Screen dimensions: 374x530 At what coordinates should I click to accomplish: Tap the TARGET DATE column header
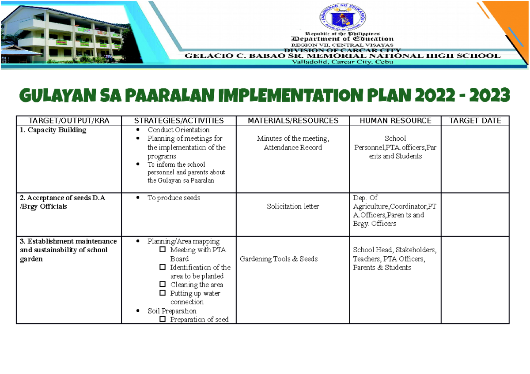pos(475,120)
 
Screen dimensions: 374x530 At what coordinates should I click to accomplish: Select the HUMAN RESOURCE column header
pos(395,120)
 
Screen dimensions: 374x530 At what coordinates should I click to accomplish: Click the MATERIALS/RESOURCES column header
pos(293,120)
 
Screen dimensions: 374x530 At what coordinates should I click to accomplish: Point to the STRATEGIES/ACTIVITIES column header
pos(179,120)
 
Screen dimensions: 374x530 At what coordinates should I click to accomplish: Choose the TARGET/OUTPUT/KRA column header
pos(68,120)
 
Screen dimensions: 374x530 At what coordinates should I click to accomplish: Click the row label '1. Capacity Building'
pos(53,130)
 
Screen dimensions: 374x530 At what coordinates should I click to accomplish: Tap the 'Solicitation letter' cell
pos(293,206)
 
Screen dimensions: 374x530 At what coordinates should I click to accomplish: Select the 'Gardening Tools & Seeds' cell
pos(279,259)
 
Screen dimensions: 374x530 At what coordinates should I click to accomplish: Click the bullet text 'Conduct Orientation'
pos(178,130)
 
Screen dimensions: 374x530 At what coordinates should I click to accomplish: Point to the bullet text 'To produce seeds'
pos(174,198)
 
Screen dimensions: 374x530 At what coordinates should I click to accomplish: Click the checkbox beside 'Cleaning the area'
pos(163,284)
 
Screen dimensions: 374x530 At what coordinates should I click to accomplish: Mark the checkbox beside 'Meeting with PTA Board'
pos(163,250)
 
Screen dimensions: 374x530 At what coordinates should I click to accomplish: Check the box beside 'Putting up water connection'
pos(163,293)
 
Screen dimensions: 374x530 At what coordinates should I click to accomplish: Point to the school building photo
pos(66,33)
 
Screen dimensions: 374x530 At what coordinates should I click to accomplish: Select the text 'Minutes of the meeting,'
pos(293,139)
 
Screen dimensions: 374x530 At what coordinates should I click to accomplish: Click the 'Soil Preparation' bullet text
pos(172,311)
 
